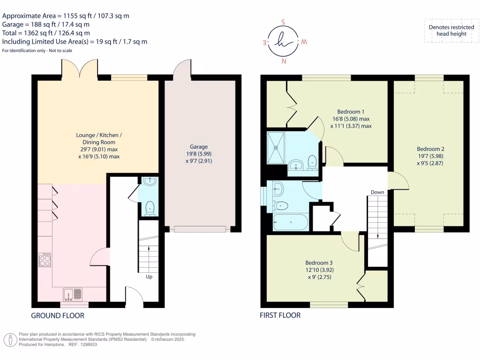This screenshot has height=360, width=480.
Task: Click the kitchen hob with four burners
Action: (45, 260)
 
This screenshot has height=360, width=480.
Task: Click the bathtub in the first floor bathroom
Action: (290, 222)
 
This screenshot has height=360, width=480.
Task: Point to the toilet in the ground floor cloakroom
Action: (150, 208)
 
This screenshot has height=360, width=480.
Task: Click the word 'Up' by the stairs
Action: (149, 277)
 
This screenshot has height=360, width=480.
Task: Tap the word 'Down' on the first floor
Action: (377, 192)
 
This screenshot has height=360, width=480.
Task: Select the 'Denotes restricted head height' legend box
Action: (448, 30)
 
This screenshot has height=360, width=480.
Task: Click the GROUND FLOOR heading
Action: (58, 315)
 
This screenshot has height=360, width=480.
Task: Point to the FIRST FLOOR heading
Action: (280, 315)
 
